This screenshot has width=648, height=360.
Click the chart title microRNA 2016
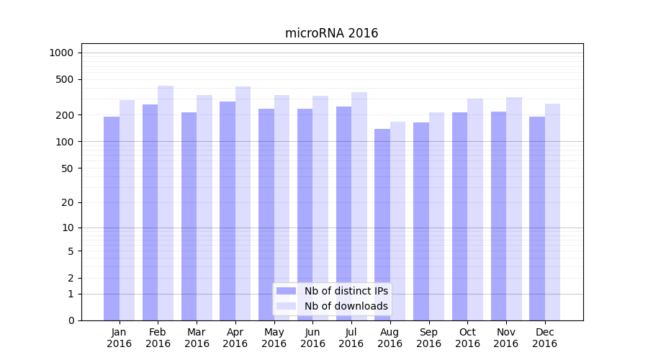point(331,33)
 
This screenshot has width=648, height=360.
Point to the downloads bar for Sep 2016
point(436,216)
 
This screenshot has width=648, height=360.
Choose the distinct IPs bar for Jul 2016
point(343,213)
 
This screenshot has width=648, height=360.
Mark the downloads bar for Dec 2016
point(553,212)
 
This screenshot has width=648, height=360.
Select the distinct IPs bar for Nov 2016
point(498,216)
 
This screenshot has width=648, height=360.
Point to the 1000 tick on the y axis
point(61,53)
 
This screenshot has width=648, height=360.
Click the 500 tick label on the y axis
point(65,79)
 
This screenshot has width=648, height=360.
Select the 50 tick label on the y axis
point(67,168)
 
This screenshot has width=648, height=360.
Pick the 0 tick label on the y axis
point(71,320)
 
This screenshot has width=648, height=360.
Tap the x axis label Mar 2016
point(197,338)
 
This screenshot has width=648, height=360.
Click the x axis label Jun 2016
point(312,338)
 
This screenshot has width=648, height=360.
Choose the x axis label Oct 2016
point(467,338)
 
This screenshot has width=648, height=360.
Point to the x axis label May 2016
point(274,338)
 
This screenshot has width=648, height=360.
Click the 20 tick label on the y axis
point(67,202)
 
